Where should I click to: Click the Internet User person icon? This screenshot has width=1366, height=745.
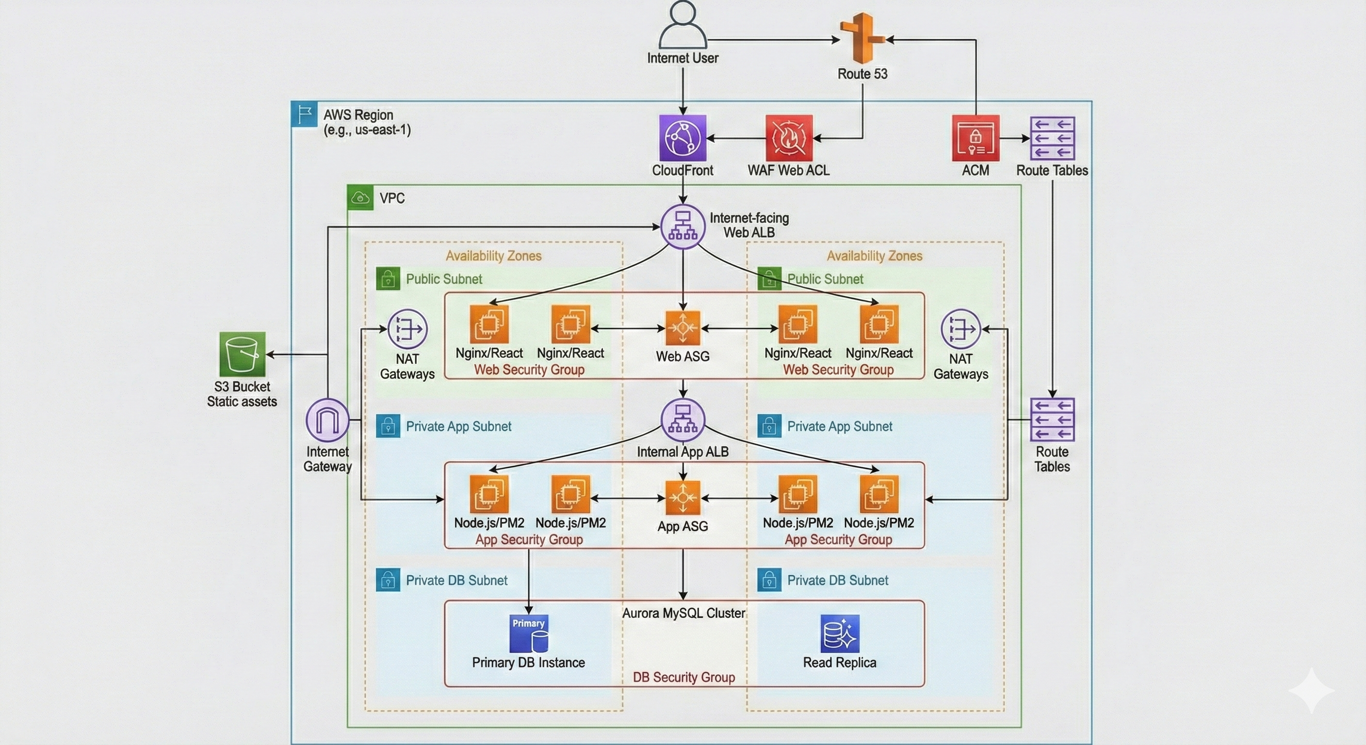(683, 25)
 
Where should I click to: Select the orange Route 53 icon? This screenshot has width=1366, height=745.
(862, 38)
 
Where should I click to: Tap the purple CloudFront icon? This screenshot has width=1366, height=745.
(683, 138)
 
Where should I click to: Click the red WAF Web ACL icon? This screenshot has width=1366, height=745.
(789, 138)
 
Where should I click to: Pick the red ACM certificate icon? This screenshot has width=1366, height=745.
(975, 138)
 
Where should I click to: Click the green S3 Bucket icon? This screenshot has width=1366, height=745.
(243, 354)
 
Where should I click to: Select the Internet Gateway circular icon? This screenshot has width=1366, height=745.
(327, 420)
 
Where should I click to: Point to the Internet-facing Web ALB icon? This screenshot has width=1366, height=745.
(683, 227)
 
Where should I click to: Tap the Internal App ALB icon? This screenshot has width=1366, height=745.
(683, 420)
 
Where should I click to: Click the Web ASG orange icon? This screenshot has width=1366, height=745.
(683, 328)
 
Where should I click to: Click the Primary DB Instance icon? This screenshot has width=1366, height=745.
(528, 633)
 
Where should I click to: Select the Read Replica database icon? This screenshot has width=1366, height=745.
(839, 633)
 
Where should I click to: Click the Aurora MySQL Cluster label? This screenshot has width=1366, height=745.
(683, 613)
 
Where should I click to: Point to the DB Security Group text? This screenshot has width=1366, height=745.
(683, 677)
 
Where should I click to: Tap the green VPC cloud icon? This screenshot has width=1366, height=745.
(360, 198)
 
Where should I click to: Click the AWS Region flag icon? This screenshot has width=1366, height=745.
(304, 114)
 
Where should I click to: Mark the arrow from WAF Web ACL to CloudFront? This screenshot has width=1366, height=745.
(736, 138)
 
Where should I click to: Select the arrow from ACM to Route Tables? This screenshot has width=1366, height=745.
(1014, 138)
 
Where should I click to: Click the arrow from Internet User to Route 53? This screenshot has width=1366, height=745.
(774, 39)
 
